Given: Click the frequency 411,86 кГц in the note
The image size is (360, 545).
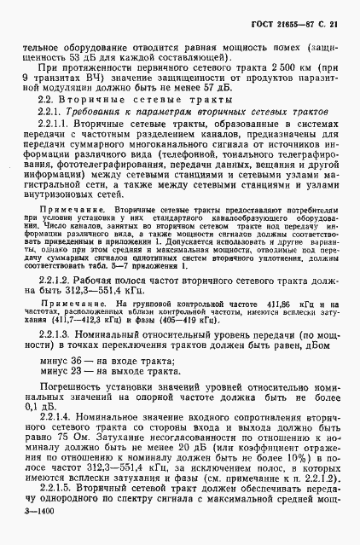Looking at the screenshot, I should tap(268, 305).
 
